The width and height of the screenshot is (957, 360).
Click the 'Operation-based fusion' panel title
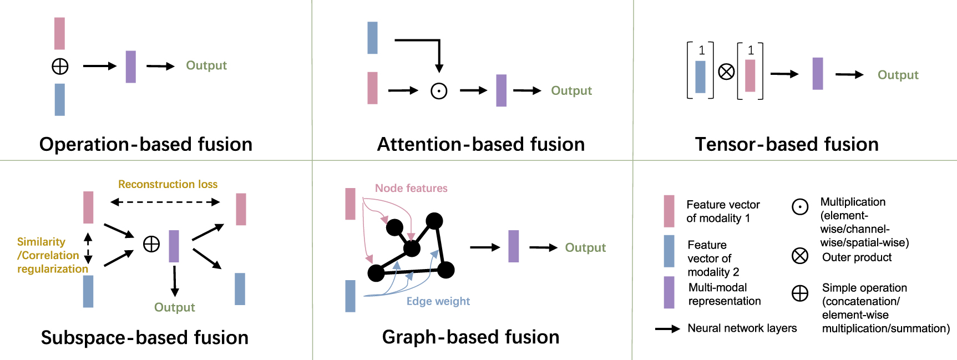click(145, 144)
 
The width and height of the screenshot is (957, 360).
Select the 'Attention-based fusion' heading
click(480, 144)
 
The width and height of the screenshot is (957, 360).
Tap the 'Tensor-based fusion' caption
click(787, 144)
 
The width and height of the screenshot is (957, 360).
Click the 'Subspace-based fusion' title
click(144, 337)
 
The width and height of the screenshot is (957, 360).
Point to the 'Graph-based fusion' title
click(470, 337)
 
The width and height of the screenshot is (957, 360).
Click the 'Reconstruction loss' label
click(168, 184)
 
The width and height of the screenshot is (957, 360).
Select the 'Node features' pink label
click(411, 188)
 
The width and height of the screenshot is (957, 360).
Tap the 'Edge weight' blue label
click(438, 301)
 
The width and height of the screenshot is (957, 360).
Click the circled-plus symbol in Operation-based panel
click(60, 67)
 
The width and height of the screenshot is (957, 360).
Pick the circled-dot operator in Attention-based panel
click(439, 91)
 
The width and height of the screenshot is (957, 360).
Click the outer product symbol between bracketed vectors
click(726, 72)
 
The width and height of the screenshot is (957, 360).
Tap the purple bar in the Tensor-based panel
click(817, 73)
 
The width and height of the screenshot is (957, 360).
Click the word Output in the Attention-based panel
click(571, 90)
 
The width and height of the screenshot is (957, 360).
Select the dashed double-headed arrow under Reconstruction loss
click(165, 202)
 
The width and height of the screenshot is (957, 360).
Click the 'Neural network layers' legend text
click(742, 328)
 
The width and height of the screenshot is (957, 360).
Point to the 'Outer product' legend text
click(857, 257)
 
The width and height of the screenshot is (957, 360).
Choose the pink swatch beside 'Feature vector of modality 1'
click(669, 211)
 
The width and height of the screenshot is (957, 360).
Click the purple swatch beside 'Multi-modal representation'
click(669, 292)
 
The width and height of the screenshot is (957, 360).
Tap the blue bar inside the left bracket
click(700, 77)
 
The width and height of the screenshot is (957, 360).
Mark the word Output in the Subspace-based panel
click(174, 307)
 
